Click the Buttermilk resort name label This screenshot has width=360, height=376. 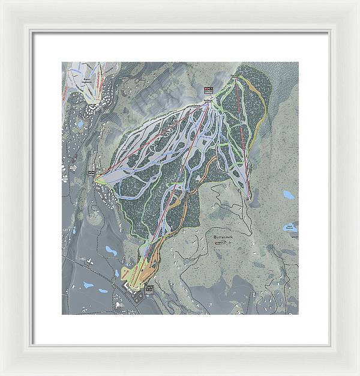(x=225, y=237)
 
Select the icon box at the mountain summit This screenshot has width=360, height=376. (x=208, y=91)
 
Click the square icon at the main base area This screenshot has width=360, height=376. (x=149, y=290)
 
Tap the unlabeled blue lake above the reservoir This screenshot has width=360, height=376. (x=289, y=195)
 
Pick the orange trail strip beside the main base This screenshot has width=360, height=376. (x=155, y=258)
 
